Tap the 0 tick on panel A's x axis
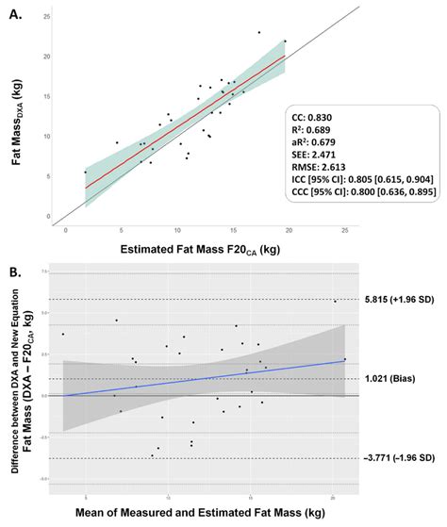(x=65, y=229)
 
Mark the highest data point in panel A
(x=259, y=32)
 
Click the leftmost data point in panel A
(x=85, y=172)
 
